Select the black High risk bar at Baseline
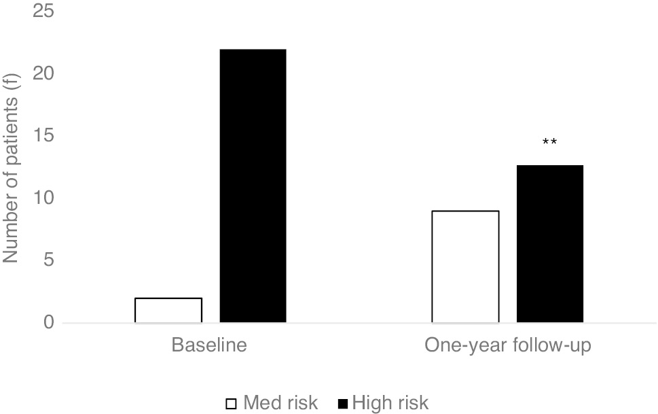(253, 186)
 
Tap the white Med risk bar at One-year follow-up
(466, 266)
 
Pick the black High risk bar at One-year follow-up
(550, 243)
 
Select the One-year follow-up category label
(508, 345)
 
